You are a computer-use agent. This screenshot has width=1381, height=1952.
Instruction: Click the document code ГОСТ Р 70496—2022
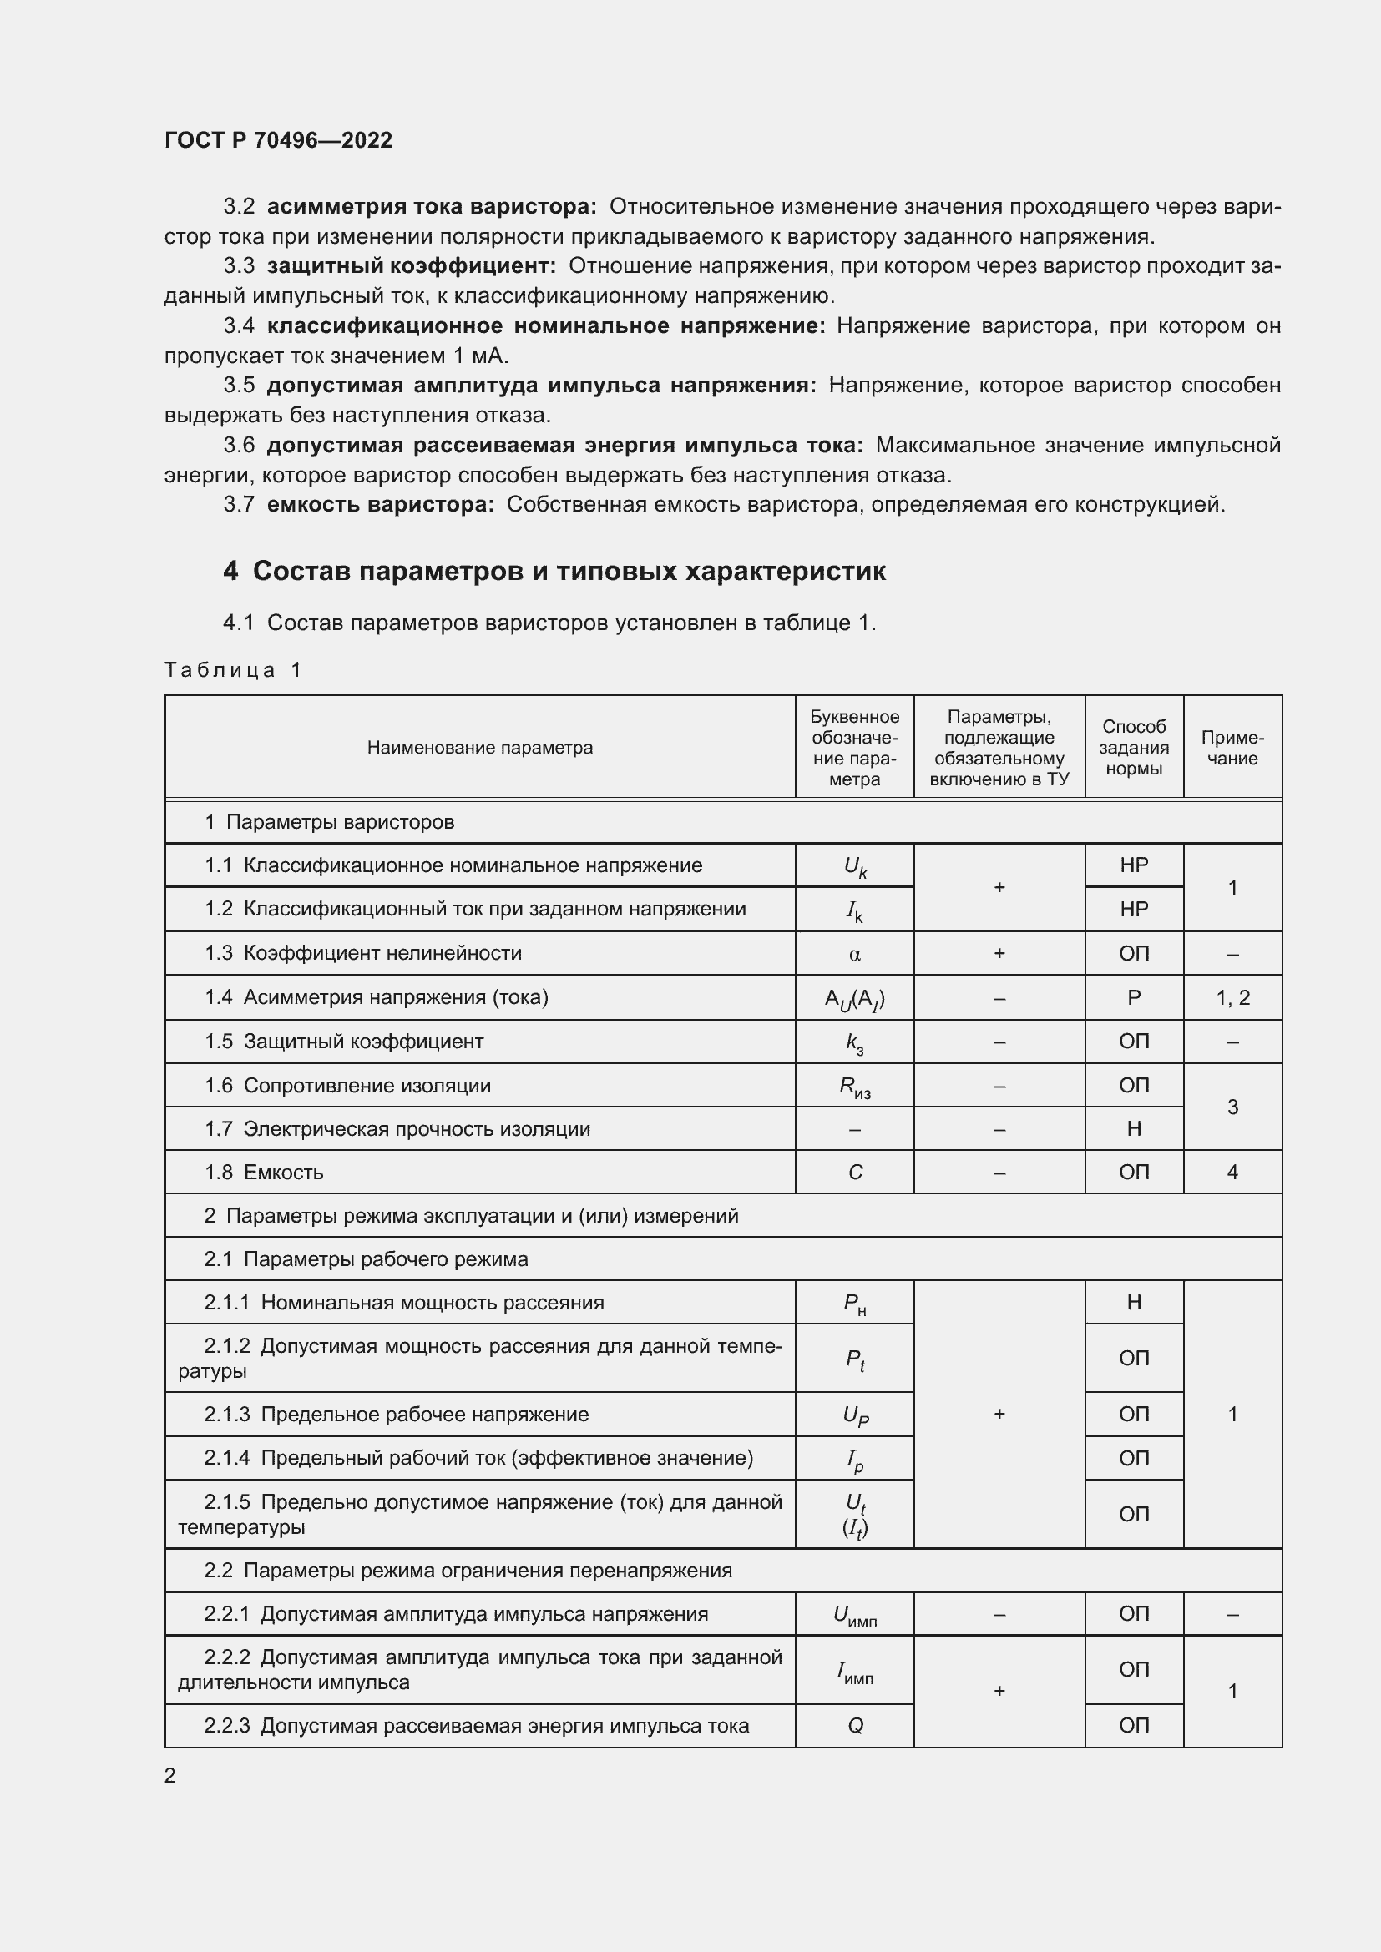(x=278, y=140)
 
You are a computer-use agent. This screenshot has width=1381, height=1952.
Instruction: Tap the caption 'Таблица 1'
(x=233, y=670)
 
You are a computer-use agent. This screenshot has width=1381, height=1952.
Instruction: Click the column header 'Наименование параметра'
(x=479, y=747)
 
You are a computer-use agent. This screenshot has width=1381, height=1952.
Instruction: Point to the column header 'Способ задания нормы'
(x=1134, y=747)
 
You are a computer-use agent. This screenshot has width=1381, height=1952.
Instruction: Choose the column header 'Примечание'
(x=1232, y=747)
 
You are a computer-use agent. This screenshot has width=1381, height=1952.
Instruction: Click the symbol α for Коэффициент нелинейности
(x=855, y=954)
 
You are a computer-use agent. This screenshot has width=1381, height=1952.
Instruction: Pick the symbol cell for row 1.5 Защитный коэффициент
(x=855, y=1042)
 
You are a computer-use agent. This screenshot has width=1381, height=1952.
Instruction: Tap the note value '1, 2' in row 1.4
(x=1232, y=998)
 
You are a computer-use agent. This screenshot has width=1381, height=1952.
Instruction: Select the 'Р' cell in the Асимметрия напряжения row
(x=1134, y=998)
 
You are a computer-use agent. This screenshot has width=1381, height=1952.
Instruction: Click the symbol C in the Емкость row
(x=855, y=1173)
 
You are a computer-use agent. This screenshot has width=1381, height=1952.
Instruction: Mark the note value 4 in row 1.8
(x=1232, y=1173)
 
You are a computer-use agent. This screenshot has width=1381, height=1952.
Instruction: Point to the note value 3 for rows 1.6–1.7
(x=1232, y=1107)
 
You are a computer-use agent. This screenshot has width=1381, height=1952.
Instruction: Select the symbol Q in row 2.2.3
(x=855, y=1726)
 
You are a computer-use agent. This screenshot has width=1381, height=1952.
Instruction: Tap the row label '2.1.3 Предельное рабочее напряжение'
(x=397, y=1414)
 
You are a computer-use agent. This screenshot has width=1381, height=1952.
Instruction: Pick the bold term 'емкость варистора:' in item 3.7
(x=380, y=505)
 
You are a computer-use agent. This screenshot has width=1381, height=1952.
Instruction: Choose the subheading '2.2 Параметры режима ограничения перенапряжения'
(x=468, y=1571)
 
